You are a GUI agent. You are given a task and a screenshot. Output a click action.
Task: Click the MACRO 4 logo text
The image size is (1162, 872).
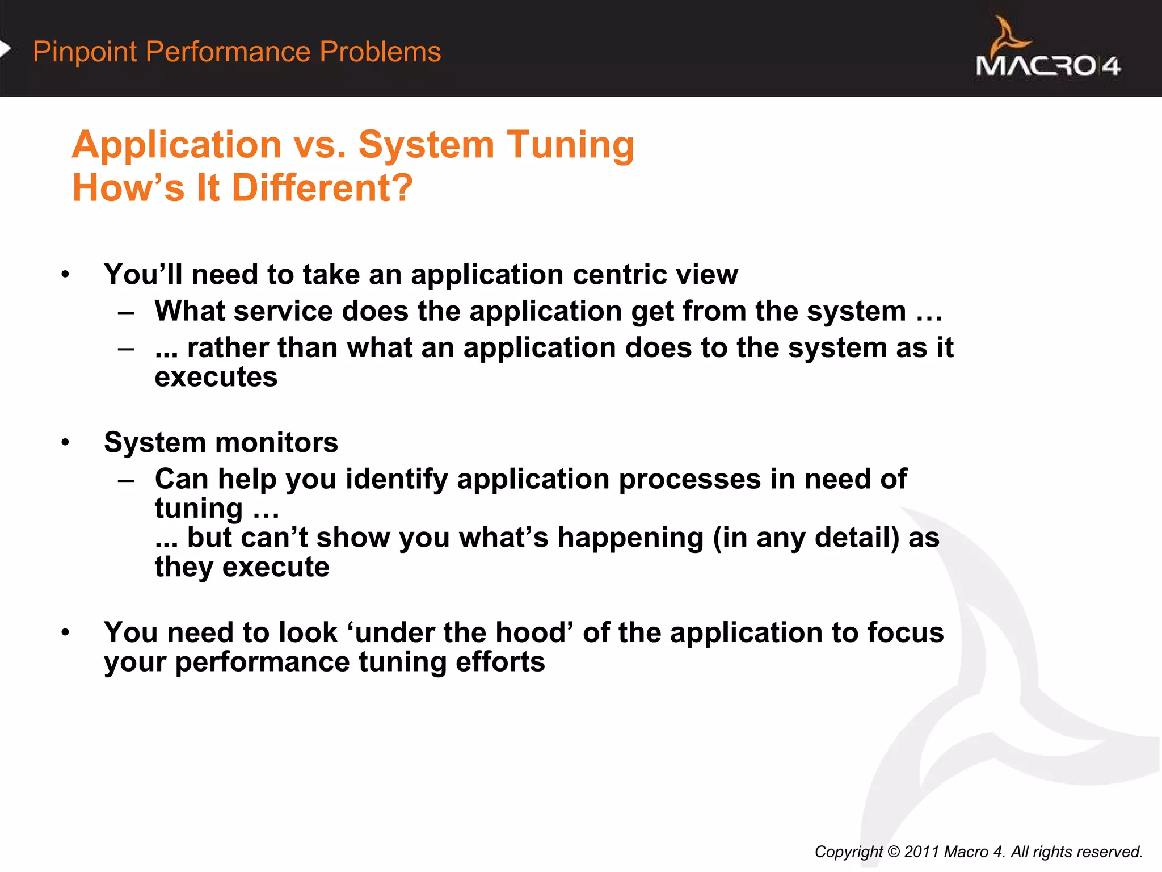(x=1047, y=66)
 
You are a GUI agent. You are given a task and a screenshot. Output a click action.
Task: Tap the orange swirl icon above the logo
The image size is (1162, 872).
(x=1008, y=36)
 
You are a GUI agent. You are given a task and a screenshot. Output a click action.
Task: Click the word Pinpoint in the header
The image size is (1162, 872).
(x=85, y=52)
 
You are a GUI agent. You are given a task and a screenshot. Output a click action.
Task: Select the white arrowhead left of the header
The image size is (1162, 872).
(x=5, y=49)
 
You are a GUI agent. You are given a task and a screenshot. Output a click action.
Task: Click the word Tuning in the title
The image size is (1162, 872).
(x=570, y=144)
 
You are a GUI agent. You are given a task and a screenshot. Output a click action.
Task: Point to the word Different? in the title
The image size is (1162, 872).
(x=322, y=188)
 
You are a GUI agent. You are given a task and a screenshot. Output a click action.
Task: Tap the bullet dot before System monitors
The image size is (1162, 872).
(x=66, y=442)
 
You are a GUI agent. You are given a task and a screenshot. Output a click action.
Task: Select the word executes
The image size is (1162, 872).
(x=216, y=377)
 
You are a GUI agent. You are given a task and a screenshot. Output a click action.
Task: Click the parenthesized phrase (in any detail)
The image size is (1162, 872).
(x=806, y=538)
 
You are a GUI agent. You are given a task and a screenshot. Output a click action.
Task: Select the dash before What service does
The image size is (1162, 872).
(x=126, y=312)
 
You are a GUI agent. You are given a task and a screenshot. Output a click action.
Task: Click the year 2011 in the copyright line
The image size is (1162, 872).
(x=921, y=852)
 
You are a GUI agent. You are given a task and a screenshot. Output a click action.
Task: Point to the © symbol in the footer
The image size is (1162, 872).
(x=893, y=852)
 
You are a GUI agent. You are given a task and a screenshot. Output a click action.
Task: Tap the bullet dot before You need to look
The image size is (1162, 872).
(x=66, y=632)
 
